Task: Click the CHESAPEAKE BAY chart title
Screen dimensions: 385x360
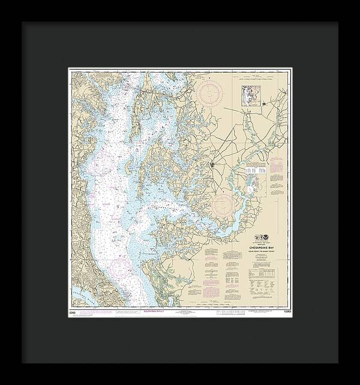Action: [x=263, y=245]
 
